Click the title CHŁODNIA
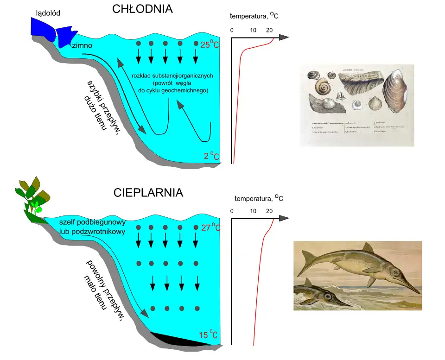pos(142,10)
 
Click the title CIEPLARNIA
pos(148,193)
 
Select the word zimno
pos(82,46)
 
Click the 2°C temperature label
pos(211,156)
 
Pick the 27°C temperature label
pos(211,227)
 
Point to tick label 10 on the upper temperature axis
pos(253,31)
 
